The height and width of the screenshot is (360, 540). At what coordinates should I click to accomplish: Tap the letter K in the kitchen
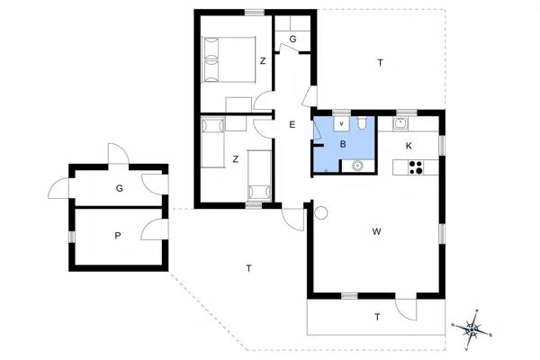[x=409, y=146]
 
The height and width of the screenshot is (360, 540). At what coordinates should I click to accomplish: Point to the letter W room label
[x=376, y=232]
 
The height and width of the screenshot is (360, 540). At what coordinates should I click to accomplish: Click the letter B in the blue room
[x=343, y=144]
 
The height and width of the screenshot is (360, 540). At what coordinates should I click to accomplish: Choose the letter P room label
[x=117, y=235]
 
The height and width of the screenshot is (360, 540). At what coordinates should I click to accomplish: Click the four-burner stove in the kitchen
[x=416, y=166]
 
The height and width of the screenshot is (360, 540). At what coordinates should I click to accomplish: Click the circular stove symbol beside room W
[x=322, y=213]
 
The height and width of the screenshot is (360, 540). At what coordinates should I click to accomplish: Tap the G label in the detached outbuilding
[x=118, y=189]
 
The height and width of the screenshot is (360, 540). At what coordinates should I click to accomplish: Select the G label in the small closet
[x=293, y=40]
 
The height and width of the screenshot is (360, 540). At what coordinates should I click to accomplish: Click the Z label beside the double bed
[x=262, y=61]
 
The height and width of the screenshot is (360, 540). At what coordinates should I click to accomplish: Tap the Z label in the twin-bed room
[x=235, y=159]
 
